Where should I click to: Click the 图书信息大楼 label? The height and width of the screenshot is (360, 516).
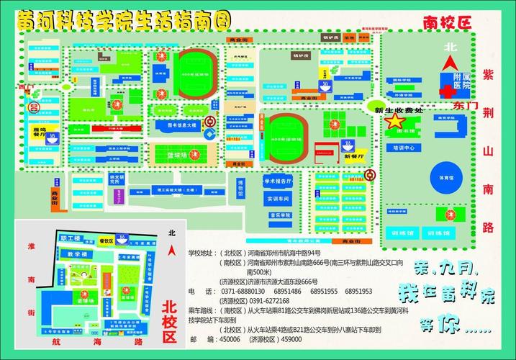(176, 125)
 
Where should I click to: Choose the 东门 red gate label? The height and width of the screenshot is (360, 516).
(447, 106)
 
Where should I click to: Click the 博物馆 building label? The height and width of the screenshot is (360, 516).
(242, 189)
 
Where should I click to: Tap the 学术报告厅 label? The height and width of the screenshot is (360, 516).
(279, 181)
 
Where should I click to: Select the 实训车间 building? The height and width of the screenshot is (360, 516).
(278, 198)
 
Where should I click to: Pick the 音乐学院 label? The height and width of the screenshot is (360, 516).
(279, 215)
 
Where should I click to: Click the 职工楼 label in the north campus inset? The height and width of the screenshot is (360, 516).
(71, 238)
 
